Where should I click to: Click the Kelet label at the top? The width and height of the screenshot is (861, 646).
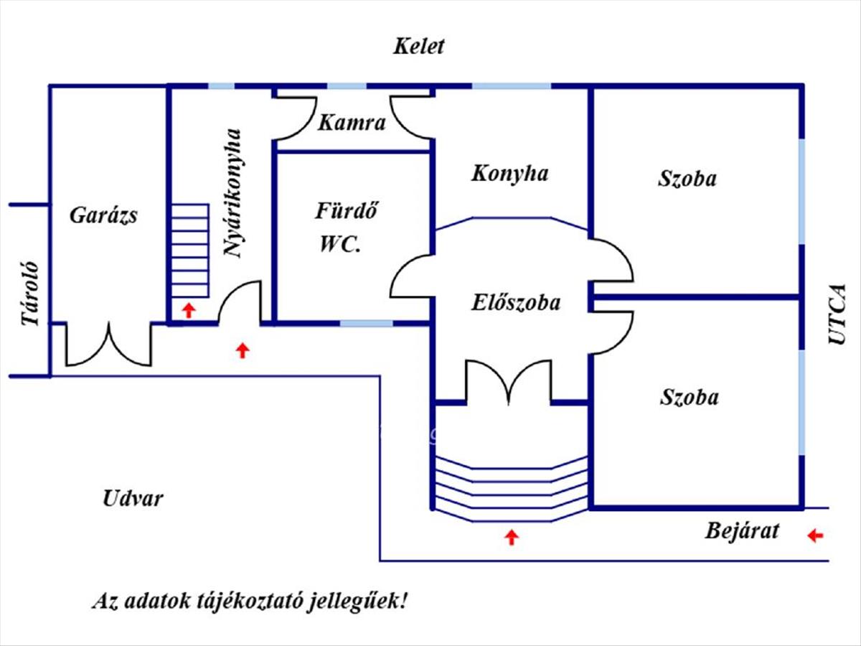point(419,47)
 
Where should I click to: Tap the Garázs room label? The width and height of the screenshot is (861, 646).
point(103,215)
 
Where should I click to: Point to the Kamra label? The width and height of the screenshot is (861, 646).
point(352,123)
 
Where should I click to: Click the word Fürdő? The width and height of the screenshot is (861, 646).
point(347,212)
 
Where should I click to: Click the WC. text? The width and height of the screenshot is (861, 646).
point(340,245)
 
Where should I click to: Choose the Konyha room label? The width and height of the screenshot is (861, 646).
point(510,174)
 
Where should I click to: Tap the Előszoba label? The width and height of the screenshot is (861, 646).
point(516,303)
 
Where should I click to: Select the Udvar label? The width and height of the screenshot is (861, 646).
point(133,498)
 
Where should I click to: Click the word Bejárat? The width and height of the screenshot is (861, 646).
point(742,532)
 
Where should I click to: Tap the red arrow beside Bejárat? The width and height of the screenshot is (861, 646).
point(815,535)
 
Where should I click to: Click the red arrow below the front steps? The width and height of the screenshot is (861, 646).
point(512,536)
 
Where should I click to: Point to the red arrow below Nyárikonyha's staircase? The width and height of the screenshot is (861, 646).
point(188,310)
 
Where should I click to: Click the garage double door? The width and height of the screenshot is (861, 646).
point(109,346)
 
